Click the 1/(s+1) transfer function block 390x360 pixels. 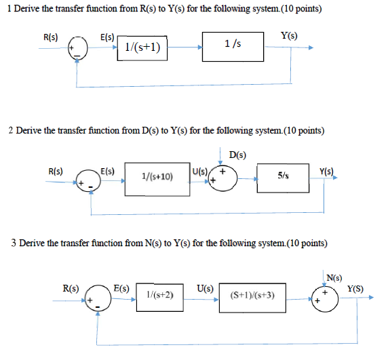click(x=142, y=47)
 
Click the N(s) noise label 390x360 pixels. click(x=334, y=277)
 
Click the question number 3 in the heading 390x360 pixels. click(x=14, y=243)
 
